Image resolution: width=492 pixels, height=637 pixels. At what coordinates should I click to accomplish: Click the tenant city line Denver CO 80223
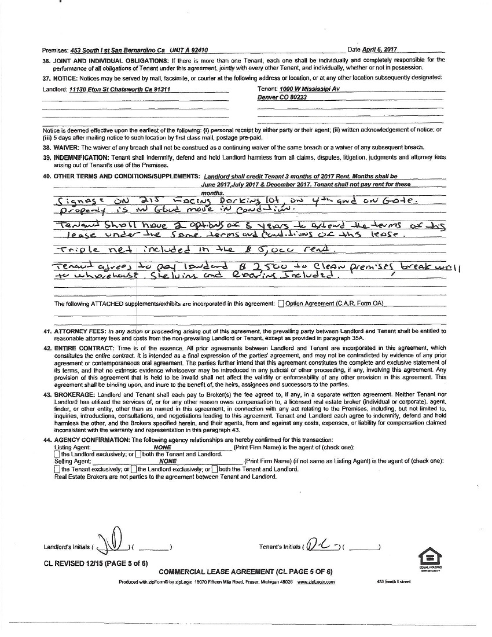pos(282,97)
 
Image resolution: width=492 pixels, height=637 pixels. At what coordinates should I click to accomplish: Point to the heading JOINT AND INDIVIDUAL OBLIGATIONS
pos(111,60)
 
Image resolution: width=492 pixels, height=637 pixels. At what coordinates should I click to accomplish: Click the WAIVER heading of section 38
pos(68,148)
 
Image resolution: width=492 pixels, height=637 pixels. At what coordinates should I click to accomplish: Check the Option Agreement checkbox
pos(281,303)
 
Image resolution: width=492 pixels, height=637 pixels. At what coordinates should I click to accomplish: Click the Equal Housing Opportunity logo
pos(430,559)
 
